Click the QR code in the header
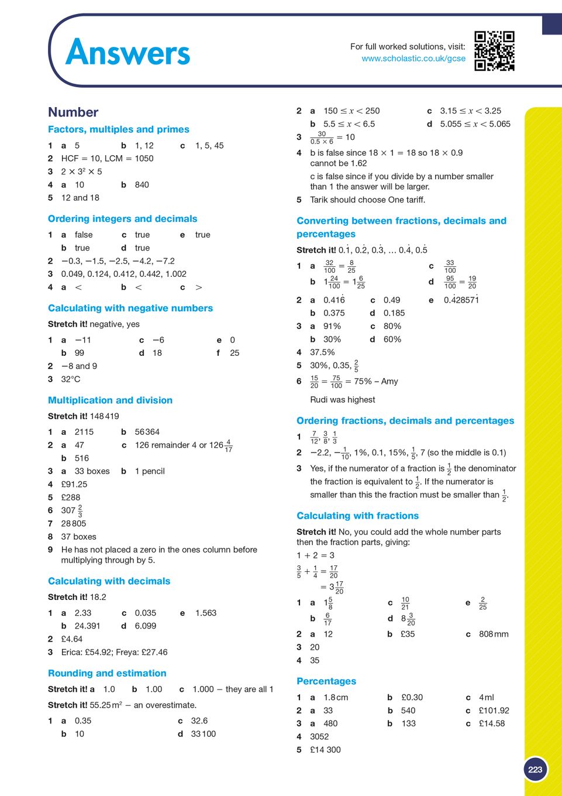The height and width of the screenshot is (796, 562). coord(494,51)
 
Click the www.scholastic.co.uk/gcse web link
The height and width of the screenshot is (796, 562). coord(413,59)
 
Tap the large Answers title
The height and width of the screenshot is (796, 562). coord(128,53)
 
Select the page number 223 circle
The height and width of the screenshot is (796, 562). coord(535,770)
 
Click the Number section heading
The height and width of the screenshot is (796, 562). coord(73,112)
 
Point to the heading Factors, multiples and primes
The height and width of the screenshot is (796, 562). coord(119,129)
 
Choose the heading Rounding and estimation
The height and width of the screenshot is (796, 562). coord(107,673)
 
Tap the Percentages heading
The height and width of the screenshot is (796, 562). coord(326,681)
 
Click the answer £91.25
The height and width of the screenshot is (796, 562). coord(74,484)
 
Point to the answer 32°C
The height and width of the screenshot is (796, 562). coord(71,379)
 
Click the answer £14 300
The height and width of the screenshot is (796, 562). coord(325,750)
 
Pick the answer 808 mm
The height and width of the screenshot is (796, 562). coord(494,634)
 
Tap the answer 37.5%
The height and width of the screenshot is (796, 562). coord(322,352)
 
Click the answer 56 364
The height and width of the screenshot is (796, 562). coord(147,432)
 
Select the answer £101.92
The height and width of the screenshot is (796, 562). coord(494,711)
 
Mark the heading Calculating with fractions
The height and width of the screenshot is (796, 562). coord(358,516)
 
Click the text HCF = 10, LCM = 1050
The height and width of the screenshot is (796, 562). coord(108,159)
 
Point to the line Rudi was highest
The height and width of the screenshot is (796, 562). coord(343,400)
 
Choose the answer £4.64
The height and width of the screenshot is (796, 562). coord(72,639)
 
